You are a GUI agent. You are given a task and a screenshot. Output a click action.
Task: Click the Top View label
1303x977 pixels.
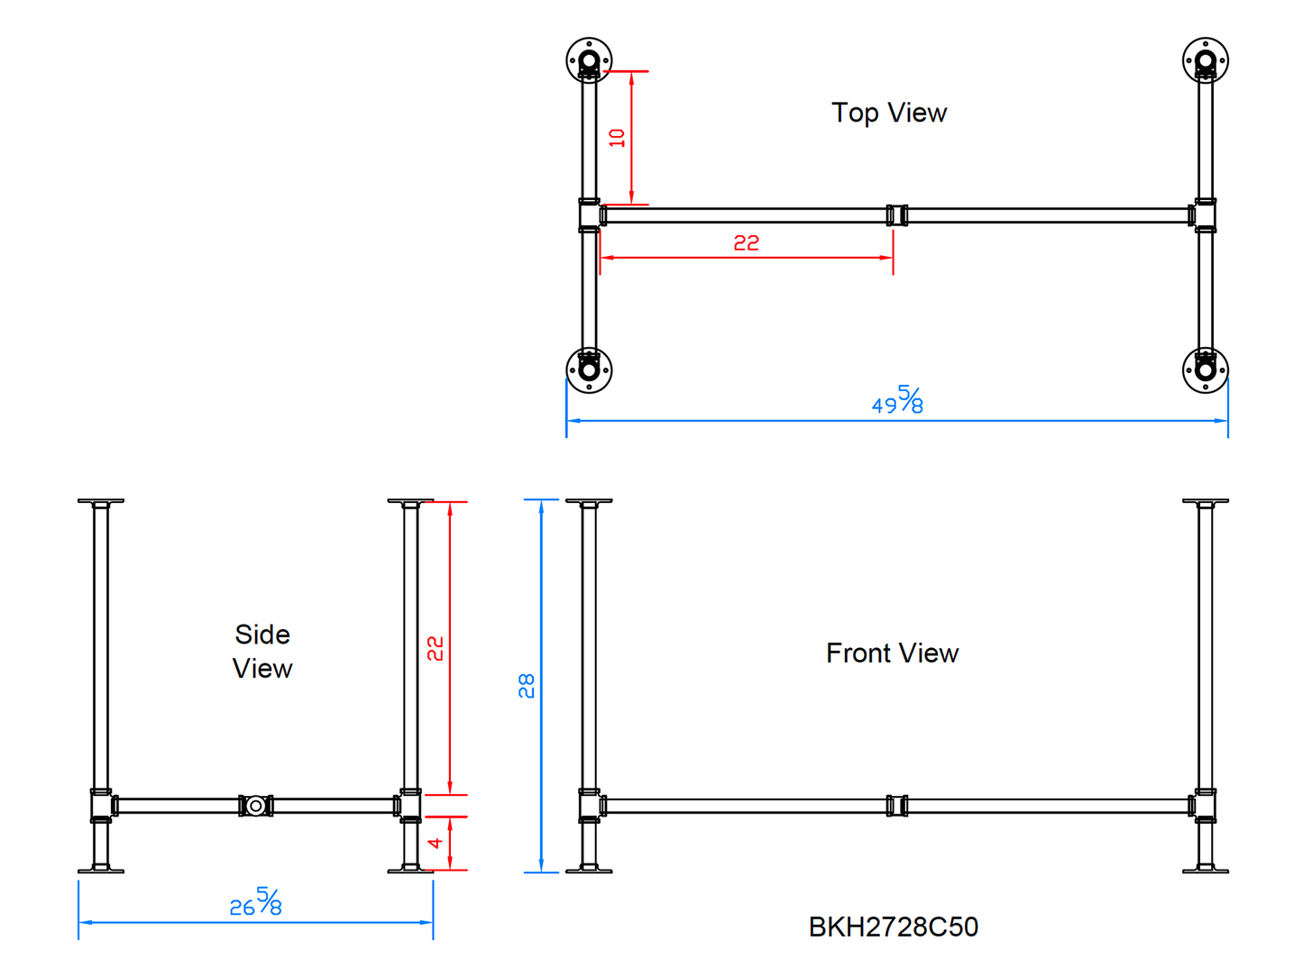point(888,113)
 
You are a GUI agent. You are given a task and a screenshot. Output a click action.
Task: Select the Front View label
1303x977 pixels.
point(892,653)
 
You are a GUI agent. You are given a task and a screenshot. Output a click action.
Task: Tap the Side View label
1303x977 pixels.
point(262,651)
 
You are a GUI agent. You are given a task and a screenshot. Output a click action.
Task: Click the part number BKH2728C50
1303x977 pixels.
point(893,927)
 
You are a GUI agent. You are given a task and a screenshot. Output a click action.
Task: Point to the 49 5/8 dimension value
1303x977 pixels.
point(897,401)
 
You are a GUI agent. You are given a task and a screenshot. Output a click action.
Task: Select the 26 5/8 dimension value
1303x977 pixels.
point(256,903)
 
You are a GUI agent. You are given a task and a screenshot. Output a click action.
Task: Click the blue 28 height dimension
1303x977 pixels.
point(527,685)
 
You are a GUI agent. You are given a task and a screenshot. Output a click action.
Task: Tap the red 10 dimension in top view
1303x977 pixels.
point(617,138)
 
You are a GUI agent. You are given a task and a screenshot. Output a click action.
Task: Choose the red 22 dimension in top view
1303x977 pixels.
point(746,242)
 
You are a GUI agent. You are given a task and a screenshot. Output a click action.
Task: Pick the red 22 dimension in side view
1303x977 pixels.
point(436,648)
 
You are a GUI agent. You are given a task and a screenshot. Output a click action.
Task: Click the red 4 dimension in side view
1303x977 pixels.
point(436,843)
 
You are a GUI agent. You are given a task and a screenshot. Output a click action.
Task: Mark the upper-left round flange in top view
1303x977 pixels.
point(589,61)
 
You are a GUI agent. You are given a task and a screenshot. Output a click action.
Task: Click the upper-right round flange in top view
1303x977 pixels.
point(1206,61)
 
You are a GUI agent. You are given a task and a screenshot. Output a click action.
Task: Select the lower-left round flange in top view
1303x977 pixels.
point(589,370)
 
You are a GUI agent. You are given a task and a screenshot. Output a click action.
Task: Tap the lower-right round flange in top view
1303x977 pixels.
point(1206,370)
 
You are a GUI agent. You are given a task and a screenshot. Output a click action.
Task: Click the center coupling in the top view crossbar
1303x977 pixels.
point(896,215)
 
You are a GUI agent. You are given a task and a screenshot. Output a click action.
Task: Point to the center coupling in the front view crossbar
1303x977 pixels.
point(896,806)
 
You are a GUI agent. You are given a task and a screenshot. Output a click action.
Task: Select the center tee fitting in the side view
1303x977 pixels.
point(256,806)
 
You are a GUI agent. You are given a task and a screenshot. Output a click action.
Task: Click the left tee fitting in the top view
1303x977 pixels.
point(590,215)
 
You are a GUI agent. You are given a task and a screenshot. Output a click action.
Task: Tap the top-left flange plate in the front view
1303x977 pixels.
point(589,501)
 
